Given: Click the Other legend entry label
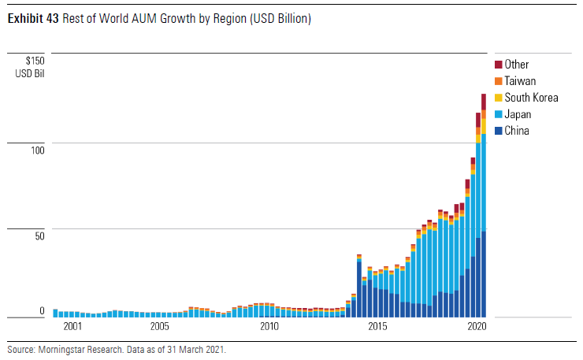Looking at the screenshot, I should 517,65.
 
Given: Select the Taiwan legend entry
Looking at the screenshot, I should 521,81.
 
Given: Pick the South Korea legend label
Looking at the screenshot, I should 531,98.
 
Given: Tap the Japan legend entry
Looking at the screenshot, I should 518,114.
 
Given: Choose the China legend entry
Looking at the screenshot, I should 517,131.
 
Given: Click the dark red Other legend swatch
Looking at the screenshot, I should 499,65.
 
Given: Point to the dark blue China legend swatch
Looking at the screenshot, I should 499,131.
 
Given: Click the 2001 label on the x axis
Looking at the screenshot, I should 72,326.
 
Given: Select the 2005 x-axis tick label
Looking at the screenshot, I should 160,326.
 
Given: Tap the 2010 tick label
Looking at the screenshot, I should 269,326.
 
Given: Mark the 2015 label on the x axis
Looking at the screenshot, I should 379,326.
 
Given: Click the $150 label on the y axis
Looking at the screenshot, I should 35,61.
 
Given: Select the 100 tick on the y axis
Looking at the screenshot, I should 37,149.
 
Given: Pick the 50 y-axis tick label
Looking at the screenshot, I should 39,235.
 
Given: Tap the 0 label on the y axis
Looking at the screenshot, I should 42,311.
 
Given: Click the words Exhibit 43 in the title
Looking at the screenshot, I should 33,19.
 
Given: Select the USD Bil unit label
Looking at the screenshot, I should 30,73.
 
